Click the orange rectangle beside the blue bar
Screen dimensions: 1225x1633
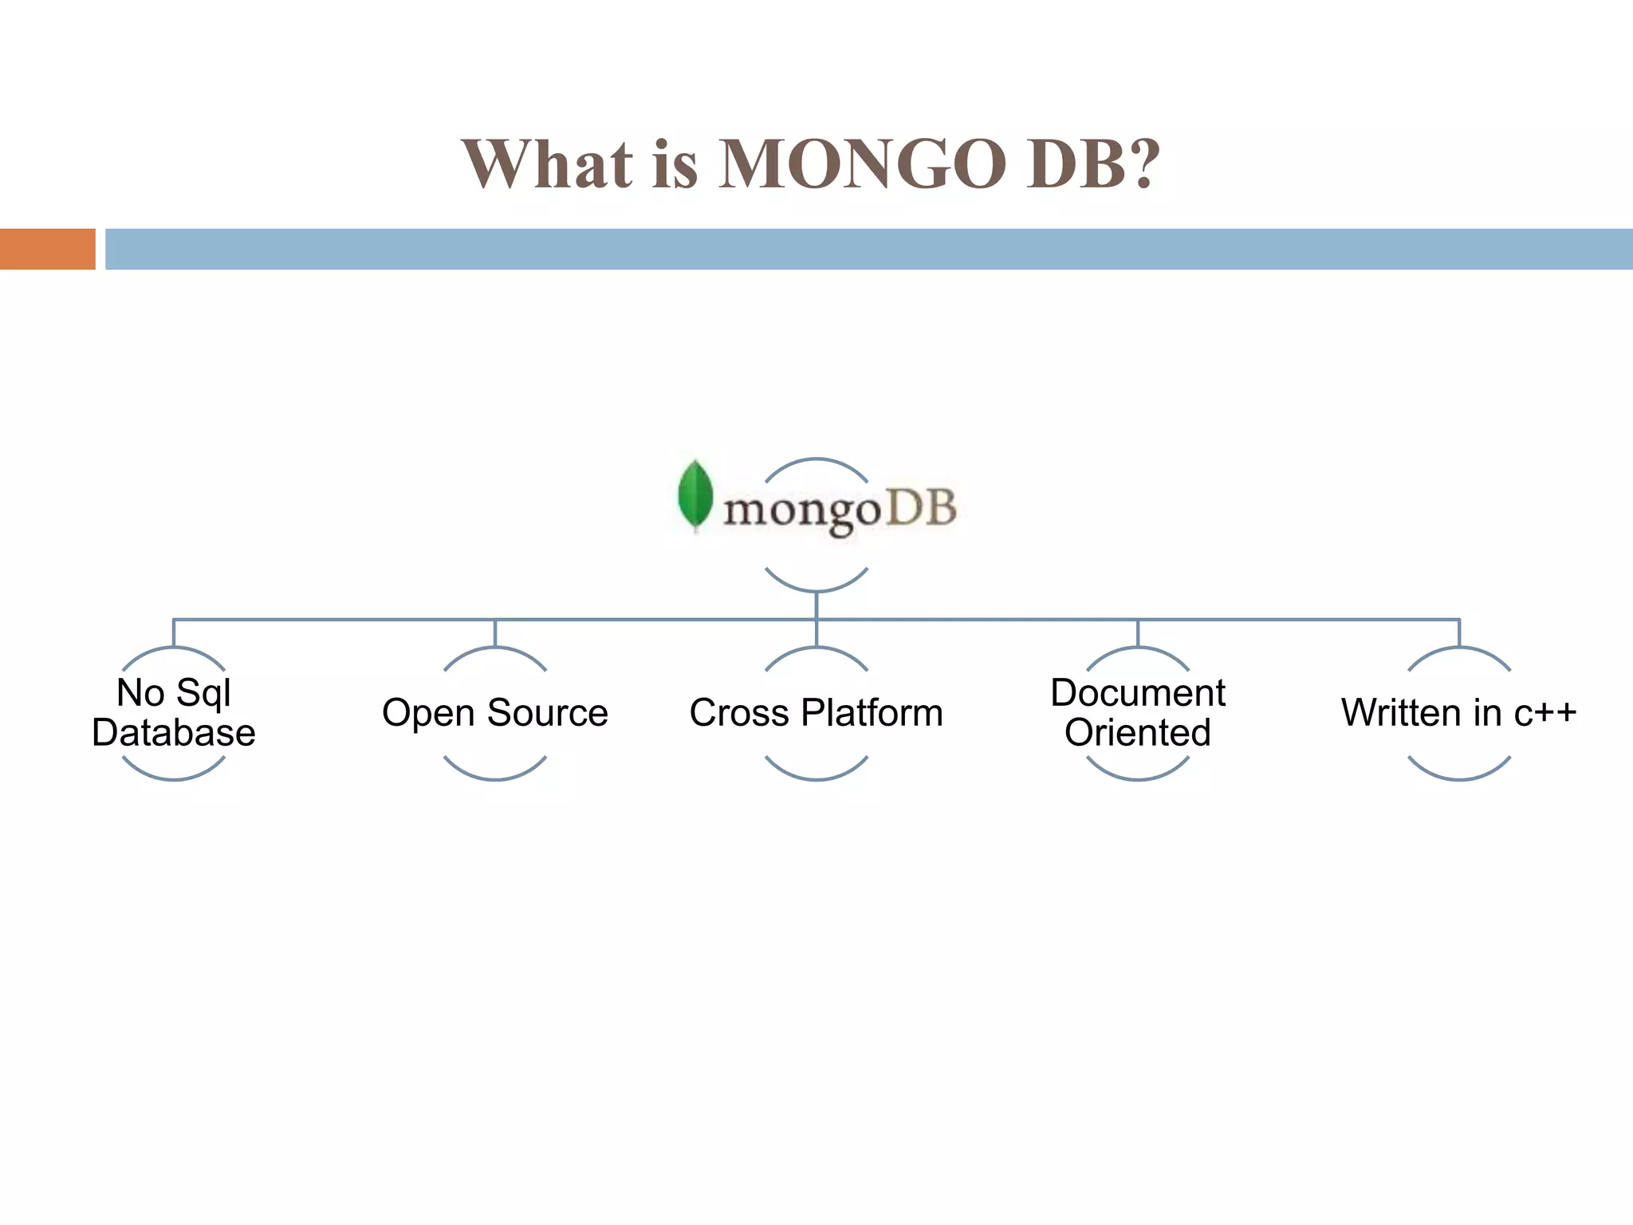[47, 249]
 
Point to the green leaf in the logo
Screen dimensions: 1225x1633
[695, 494]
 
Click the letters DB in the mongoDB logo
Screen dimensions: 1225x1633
[921, 508]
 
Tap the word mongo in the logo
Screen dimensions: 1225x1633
[801, 511]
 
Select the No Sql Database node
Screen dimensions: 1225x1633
[174, 712]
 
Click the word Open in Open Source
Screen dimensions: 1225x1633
[428, 713]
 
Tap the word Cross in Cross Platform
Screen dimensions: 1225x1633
[739, 713]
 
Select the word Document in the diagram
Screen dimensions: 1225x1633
[1138, 692]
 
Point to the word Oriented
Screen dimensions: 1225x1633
[1138, 733]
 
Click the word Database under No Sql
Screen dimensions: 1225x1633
[174, 733]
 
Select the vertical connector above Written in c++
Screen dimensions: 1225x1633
[1459, 633]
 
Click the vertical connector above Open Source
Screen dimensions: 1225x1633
[495, 633]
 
